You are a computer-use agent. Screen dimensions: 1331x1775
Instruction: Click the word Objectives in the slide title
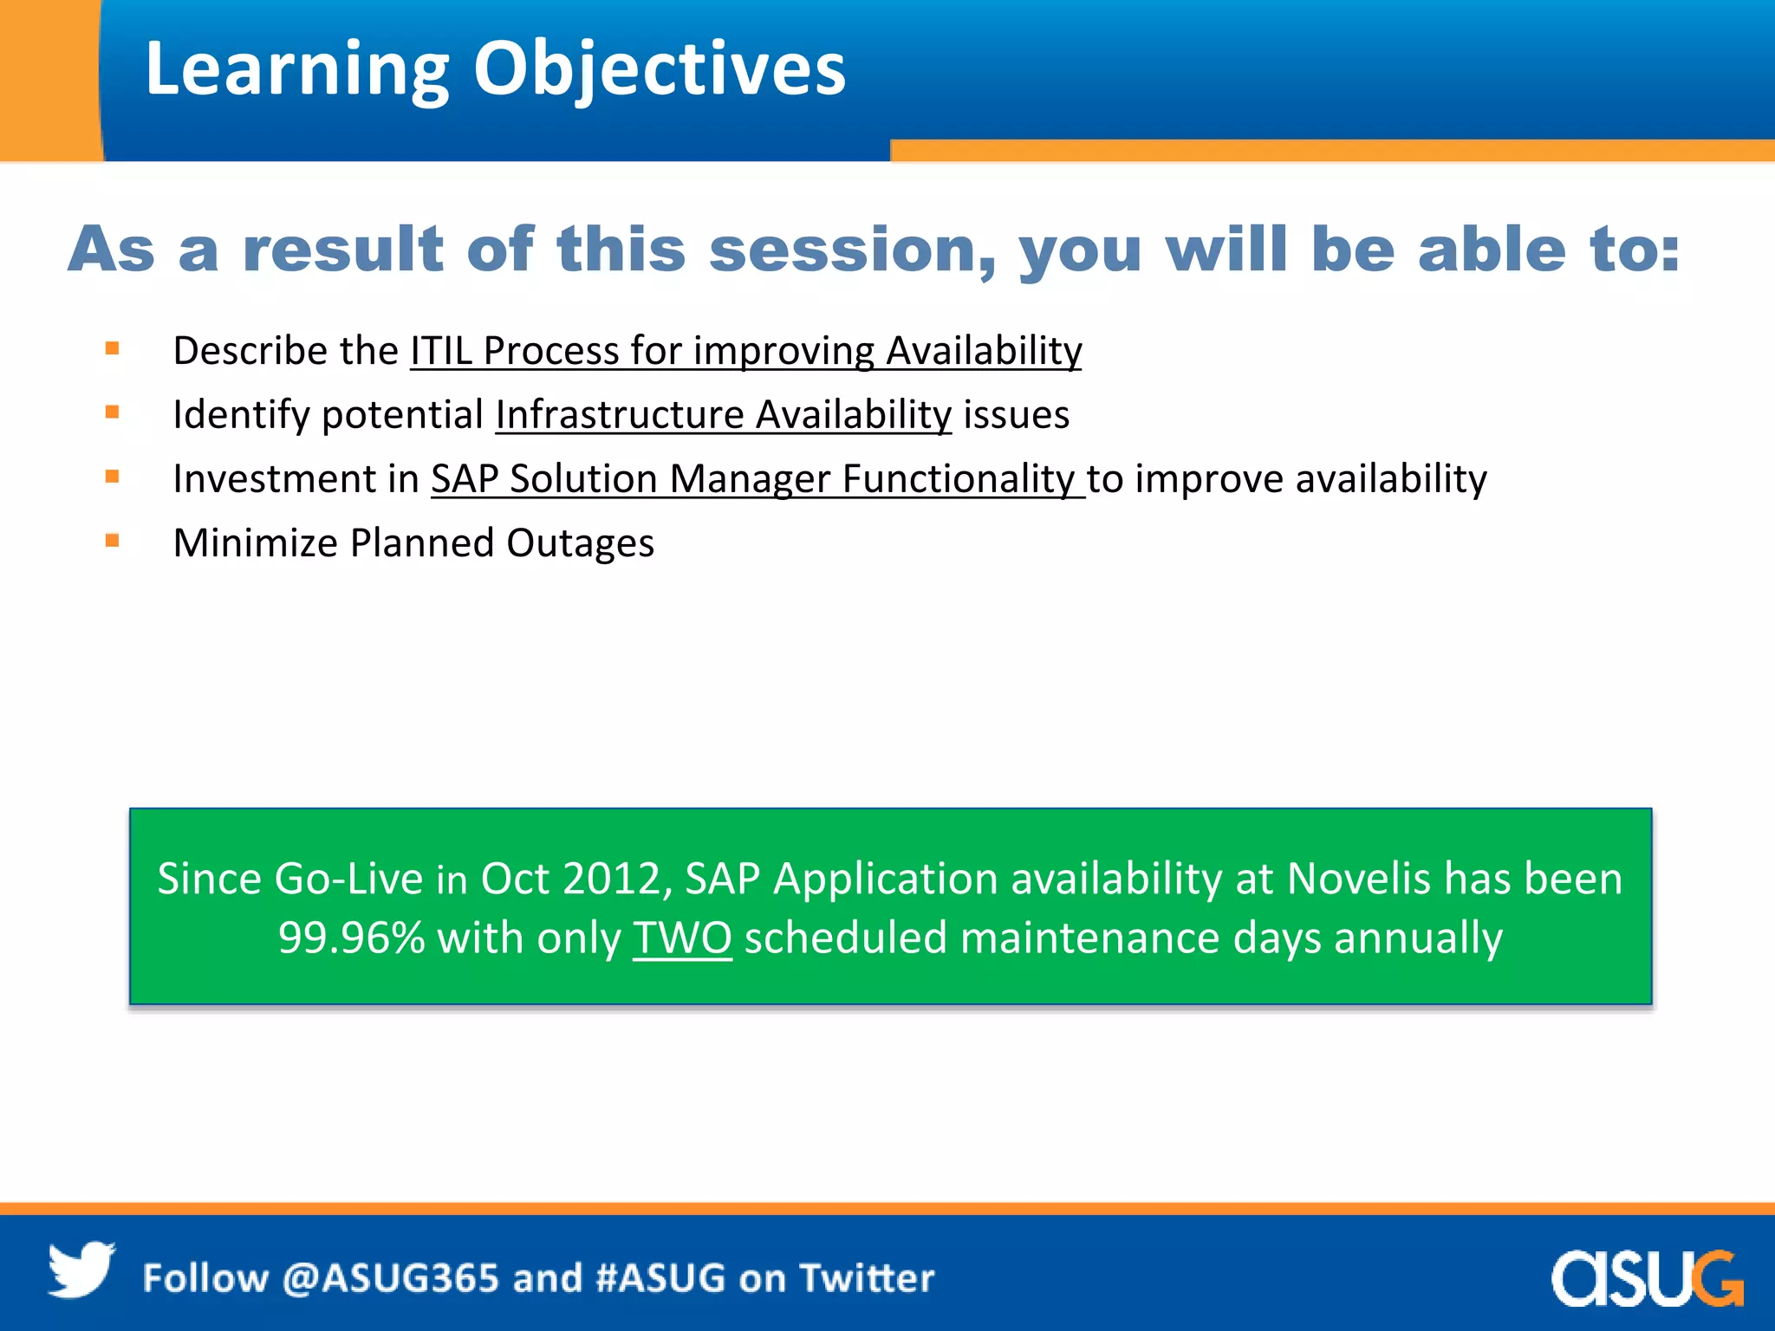[x=659, y=69]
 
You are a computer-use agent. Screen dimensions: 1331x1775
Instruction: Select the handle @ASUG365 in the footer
[x=391, y=1278]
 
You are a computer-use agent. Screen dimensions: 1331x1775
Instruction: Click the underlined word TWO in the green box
[x=682, y=938]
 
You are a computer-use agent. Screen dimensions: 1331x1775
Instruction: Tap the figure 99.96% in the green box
[x=351, y=938]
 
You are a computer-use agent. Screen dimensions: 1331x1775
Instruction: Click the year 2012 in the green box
[x=611, y=879]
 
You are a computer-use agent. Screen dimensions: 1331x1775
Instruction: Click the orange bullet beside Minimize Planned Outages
[x=112, y=542]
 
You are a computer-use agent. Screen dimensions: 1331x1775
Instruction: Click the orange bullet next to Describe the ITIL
[x=112, y=349]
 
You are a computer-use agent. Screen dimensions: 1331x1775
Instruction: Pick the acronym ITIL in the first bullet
[x=441, y=351]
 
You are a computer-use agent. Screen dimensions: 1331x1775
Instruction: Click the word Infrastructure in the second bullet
[x=620, y=415]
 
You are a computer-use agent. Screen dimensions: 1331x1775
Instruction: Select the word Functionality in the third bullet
[x=958, y=479]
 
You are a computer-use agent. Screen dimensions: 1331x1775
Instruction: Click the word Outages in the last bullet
[x=580, y=544]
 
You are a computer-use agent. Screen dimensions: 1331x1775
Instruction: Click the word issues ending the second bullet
[x=1016, y=415]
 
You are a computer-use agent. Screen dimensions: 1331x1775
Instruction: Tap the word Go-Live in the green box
[x=348, y=879]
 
